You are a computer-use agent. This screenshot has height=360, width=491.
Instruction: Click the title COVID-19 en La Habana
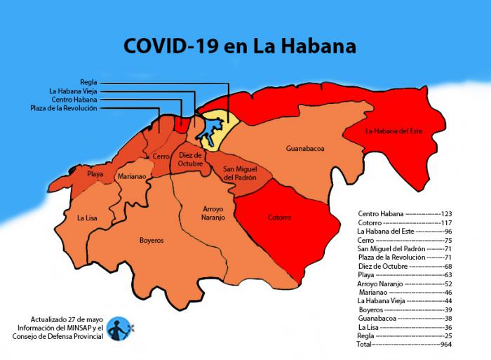point(239,46)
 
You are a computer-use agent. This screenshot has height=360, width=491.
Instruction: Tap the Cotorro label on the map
point(279,218)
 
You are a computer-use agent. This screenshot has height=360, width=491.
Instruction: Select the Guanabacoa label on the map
point(304,149)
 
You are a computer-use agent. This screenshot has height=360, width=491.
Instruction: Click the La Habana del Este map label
point(394,131)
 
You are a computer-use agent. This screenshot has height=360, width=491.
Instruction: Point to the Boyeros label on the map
point(152,240)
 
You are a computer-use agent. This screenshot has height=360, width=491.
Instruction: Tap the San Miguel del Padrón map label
point(240,173)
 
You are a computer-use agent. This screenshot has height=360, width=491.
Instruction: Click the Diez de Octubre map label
point(190,159)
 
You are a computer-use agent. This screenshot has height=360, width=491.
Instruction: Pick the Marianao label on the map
point(131,177)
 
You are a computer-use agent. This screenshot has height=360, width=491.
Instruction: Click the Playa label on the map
point(95,173)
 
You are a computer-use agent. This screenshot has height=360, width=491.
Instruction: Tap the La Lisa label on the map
point(87,218)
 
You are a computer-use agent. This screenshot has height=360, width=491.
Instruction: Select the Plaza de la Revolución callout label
point(64,108)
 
